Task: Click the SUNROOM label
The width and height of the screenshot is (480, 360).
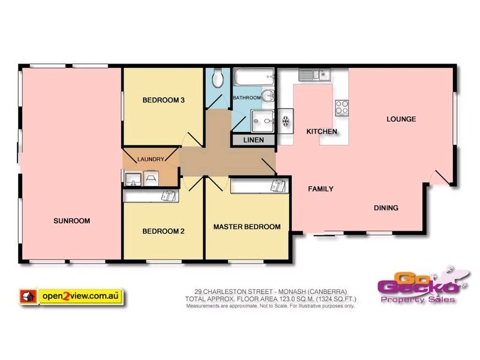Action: tap(71, 221)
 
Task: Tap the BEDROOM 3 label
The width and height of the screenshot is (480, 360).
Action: tap(163, 100)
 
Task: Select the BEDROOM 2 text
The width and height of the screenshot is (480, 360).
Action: tap(163, 231)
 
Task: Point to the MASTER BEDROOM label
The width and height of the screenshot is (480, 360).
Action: tap(247, 227)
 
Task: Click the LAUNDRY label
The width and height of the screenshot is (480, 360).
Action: tap(150, 159)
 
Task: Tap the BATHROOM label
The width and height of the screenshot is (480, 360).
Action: tap(247, 98)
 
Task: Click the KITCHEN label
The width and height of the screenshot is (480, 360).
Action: tap(322, 131)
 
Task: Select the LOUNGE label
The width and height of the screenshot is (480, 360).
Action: tap(401, 119)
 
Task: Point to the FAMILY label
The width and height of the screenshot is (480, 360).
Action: tap(320, 189)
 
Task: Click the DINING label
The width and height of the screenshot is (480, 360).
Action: tap(386, 208)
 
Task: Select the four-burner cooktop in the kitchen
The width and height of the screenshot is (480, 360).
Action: tap(342, 107)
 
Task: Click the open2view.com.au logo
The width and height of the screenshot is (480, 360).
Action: tap(72, 296)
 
